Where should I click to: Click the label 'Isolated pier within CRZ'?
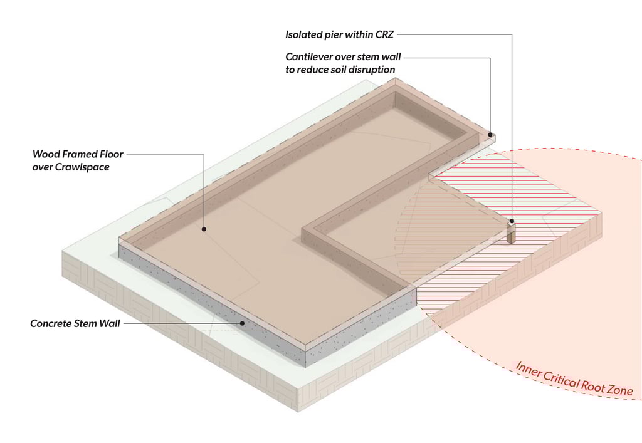tap(339, 34)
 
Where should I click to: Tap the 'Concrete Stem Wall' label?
tap(75, 324)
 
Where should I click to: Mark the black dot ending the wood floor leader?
tap(204, 229)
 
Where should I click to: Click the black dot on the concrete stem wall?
tap(243, 323)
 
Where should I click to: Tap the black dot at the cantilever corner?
tap(489, 133)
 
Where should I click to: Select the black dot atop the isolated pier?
tap(512, 221)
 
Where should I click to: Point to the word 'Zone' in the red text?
tap(620, 389)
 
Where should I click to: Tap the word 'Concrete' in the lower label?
tap(52, 324)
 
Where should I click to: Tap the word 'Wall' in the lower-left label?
tap(110, 324)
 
